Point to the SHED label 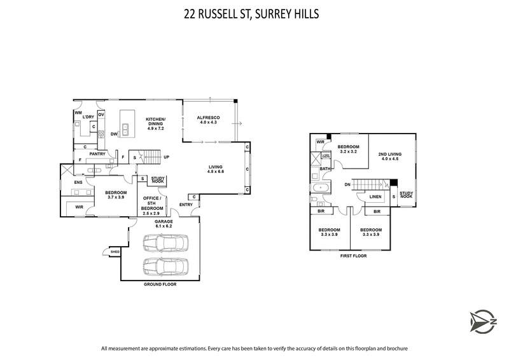tap(115, 253)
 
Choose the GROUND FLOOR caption tap(160, 284)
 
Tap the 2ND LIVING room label tap(389, 156)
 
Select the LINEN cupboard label tap(375, 197)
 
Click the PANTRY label tap(97, 154)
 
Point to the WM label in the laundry tap(79, 113)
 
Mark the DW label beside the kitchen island tap(114, 134)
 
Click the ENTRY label tap(186, 204)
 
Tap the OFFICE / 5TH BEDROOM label tap(151, 204)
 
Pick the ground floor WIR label tap(79, 207)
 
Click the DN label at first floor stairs tap(347, 184)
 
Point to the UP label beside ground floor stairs tap(167, 157)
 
